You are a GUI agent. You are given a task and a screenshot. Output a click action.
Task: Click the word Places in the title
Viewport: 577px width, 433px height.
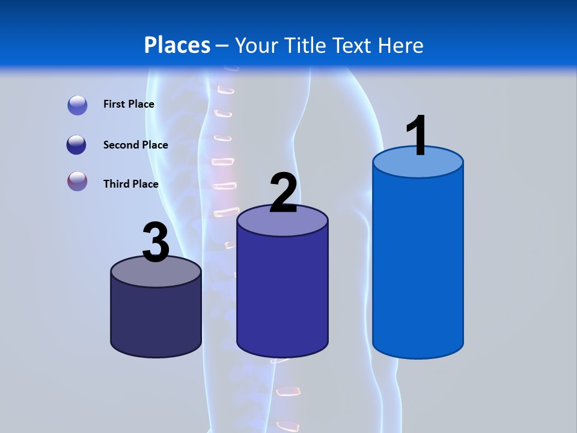[177, 45]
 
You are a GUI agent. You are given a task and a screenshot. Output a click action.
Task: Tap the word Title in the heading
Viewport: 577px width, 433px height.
[305, 45]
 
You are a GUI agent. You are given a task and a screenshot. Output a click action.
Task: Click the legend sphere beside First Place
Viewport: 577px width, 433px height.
[78, 105]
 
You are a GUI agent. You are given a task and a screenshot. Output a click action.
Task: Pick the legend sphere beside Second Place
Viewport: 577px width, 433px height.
[76, 145]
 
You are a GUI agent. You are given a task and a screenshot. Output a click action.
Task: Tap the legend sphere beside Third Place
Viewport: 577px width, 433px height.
[78, 181]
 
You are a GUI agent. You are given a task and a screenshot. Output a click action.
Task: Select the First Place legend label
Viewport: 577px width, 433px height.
[129, 104]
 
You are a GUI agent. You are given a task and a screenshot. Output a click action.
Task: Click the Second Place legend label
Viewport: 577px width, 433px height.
[135, 145]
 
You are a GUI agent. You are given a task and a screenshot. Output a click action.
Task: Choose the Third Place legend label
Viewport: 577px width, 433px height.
[130, 184]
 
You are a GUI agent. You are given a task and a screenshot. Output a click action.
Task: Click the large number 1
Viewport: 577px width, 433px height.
[417, 135]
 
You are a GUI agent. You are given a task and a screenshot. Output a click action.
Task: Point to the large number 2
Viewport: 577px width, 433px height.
[283, 193]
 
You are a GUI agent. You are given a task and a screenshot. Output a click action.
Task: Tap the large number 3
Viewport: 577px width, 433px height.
[156, 242]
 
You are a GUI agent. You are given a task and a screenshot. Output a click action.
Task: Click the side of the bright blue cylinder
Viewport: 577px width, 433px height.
[418, 265]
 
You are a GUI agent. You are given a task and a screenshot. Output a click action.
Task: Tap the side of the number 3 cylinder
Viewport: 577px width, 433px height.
[156, 319]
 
